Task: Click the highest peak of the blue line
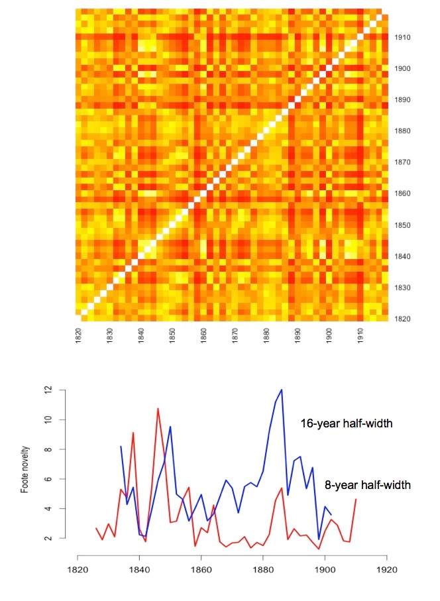coord(282,390)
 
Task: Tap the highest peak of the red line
coord(158,408)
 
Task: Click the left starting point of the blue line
coord(121,447)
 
